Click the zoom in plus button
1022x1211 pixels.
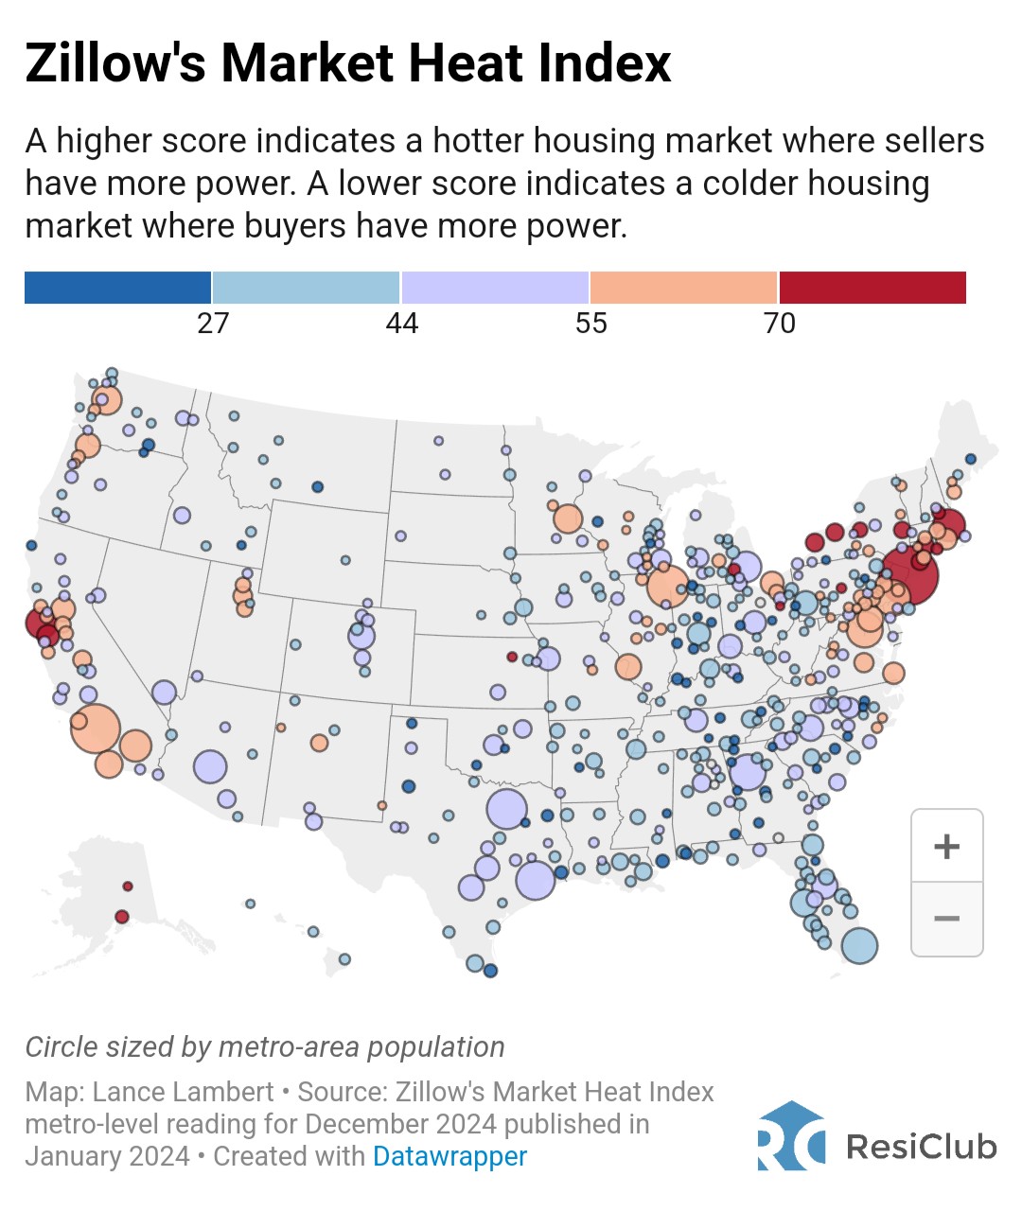coord(946,846)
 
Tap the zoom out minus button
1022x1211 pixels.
coord(946,919)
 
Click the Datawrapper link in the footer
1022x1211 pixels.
coord(449,1156)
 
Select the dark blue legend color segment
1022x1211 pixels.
coord(117,288)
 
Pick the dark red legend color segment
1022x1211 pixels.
coord(872,288)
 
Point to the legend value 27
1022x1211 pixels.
coord(213,324)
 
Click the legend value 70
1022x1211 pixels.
coord(779,324)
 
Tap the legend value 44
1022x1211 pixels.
coord(401,324)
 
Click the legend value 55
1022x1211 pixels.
coord(590,324)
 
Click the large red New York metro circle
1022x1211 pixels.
coord(910,575)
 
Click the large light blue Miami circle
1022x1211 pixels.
coord(859,944)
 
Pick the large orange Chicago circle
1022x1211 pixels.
coord(667,586)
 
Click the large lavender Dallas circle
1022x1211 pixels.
coord(506,810)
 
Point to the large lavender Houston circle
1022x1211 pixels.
coord(535,880)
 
